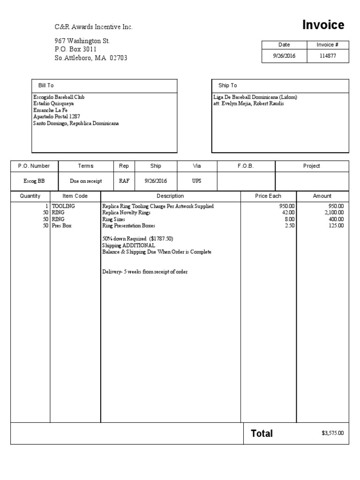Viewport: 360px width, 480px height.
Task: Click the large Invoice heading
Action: point(323,25)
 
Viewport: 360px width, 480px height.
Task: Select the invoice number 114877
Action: point(327,56)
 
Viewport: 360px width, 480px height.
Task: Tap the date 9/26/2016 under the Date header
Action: point(284,56)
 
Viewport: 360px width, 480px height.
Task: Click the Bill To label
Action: point(46,85)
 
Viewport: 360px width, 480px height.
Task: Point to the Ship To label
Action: point(228,85)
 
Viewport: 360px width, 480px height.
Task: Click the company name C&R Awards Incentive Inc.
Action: point(94,27)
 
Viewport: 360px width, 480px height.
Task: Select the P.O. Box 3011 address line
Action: point(76,49)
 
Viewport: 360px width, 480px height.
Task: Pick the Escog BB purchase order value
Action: point(34,181)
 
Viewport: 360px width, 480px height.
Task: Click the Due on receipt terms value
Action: point(86,181)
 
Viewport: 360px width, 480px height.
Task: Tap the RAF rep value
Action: point(124,181)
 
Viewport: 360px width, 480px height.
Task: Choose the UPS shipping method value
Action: point(196,181)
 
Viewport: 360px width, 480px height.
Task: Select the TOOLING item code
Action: point(63,206)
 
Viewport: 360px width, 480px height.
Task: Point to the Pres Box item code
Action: point(61,225)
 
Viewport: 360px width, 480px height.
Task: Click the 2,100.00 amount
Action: point(334,212)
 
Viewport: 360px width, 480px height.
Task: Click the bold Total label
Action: point(262,434)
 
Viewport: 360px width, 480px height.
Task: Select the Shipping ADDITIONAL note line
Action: point(128,245)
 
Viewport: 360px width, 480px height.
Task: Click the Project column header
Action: point(311,166)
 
